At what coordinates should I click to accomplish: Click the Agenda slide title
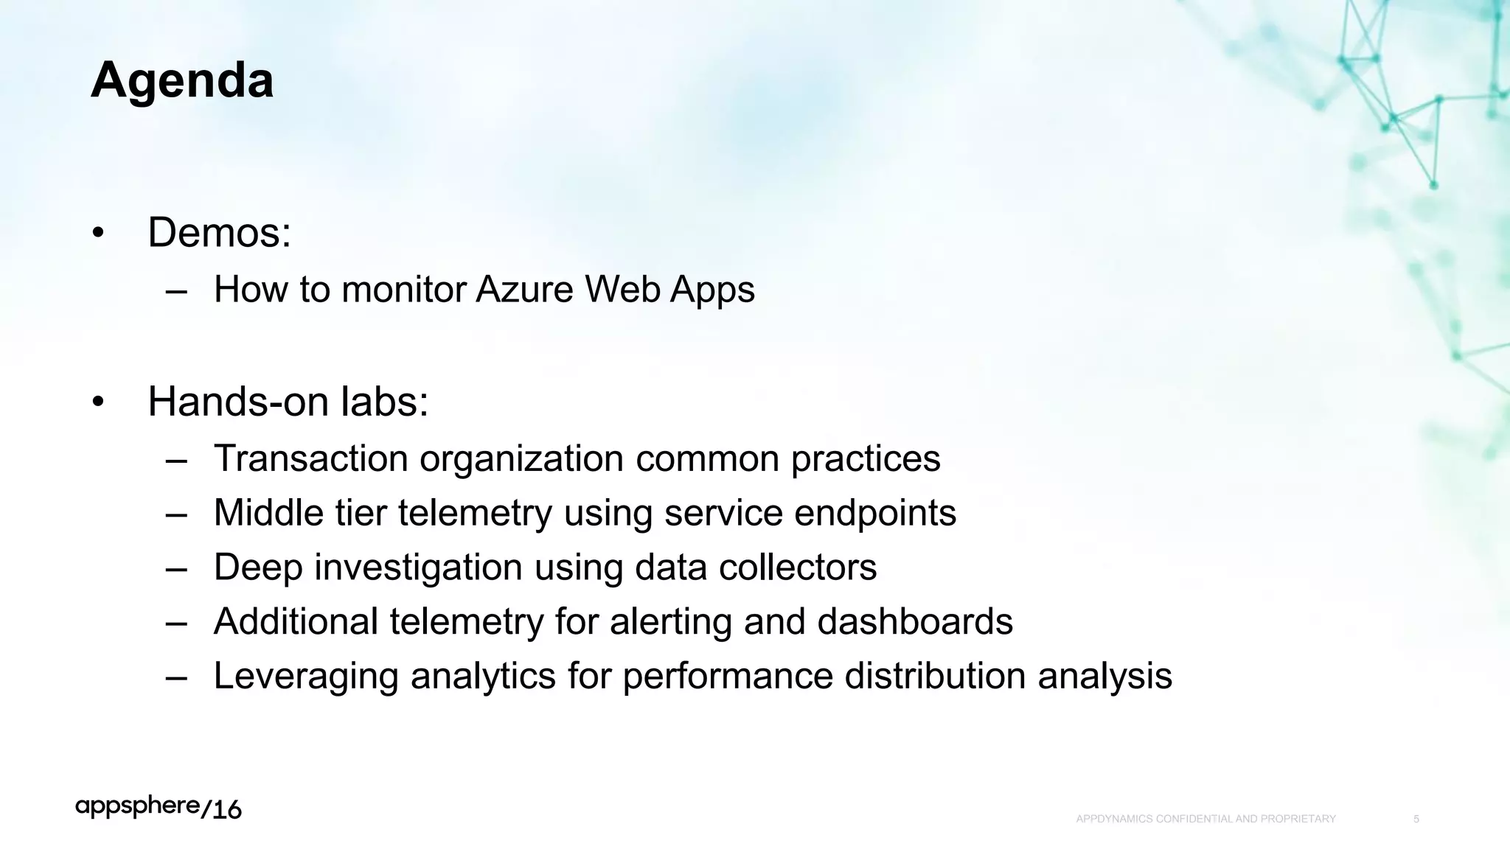pyautogui.click(x=182, y=80)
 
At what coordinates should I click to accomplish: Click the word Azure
pyautogui.click(x=524, y=289)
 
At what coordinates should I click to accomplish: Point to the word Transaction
pyautogui.click(x=310, y=458)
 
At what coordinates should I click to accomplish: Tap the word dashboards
pyautogui.click(x=914, y=621)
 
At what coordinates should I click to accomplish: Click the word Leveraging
pyautogui.click(x=306, y=677)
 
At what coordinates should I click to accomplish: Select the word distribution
pyautogui.click(x=935, y=676)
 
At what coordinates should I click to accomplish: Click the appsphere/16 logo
pyautogui.click(x=159, y=808)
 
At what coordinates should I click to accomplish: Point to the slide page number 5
pyautogui.click(x=1416, y=819)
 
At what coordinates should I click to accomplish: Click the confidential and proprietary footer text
pyautogui.click(x=1205, y=819)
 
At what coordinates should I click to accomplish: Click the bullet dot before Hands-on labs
pyautogui.click(x=98, y=402)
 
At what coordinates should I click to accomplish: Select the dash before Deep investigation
pyautogui.click(x=176, y=568)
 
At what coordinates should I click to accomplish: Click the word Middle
pyautogui.click(x=268, y=513)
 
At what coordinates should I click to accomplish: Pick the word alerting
pyautogui.click(x=670, y=621)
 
